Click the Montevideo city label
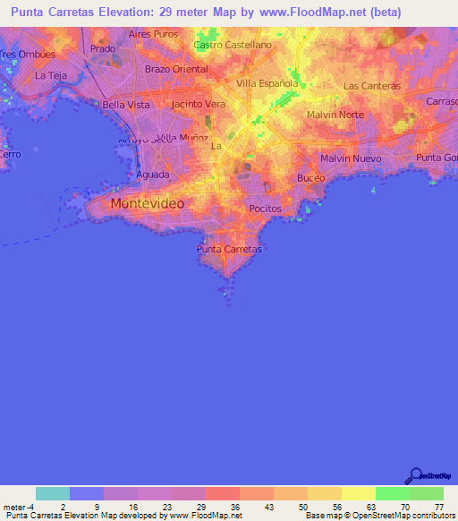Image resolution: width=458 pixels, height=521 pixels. pos(148,204)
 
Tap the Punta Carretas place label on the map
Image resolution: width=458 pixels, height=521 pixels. pos(229,249)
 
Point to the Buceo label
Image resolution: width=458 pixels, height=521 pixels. pos(311,178)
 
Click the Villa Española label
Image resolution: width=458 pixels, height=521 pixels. pos(267,83)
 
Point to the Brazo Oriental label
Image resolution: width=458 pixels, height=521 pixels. pos(176,69)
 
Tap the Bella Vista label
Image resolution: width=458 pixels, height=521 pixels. pos(126,105)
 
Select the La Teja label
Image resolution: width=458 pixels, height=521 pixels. pos(51,76)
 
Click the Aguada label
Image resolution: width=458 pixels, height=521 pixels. pos(152,175)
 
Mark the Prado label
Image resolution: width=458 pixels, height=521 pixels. pos(103,48)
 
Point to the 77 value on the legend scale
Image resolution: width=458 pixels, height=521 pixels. pos(437,506)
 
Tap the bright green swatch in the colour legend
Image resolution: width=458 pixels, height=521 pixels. pos(392,493)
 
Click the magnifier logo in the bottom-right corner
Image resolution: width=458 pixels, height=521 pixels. pos(415,475)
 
